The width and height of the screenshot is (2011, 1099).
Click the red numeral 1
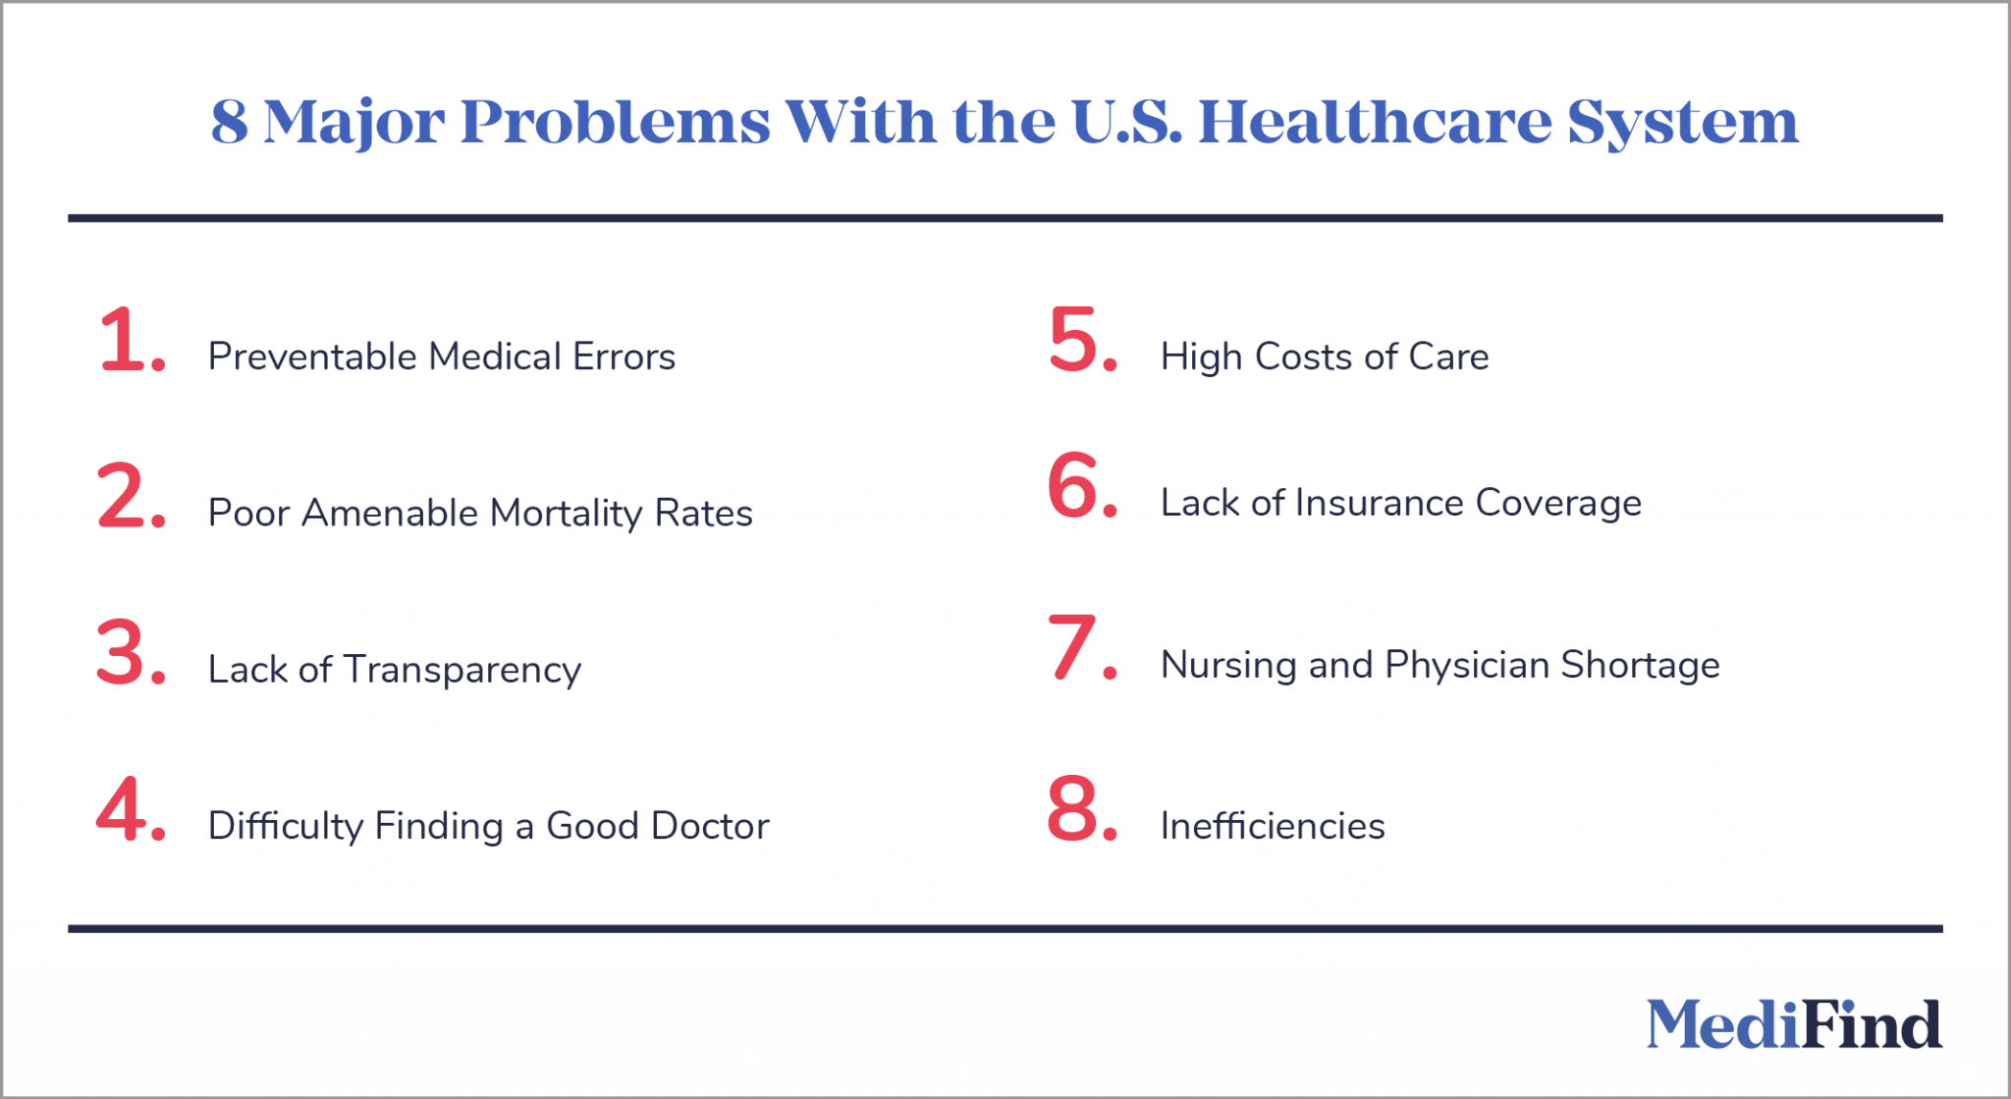125,340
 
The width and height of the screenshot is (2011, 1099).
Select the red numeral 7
1072,647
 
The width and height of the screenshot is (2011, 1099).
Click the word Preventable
313,357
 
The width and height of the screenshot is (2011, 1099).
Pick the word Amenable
390,513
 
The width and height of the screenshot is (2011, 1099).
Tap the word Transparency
462,671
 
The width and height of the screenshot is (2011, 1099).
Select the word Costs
1325,357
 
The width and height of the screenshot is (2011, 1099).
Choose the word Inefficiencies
1273,826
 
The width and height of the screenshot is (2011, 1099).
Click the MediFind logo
1793,1024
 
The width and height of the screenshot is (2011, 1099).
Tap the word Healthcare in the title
1375,122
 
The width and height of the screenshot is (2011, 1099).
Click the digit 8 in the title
229,123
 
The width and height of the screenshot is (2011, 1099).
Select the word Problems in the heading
615,123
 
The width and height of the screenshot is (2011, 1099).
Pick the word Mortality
566,514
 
